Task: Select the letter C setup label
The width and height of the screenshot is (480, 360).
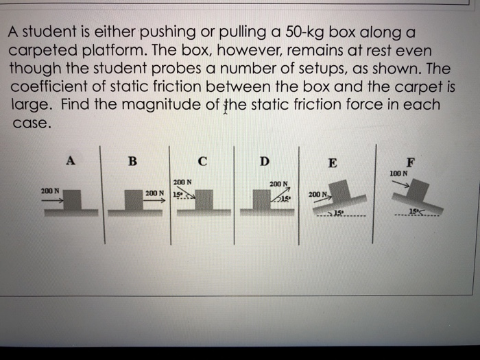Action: [202, 162]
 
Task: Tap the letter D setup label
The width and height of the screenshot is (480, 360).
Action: [264, 162]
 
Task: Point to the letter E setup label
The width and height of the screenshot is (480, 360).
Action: [333, 163]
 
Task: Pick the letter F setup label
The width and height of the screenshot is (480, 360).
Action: [410, 163]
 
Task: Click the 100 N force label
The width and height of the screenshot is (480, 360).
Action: [398, 173]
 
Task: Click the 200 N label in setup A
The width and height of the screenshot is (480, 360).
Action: [50, 190]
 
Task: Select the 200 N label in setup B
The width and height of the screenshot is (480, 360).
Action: [154, 193]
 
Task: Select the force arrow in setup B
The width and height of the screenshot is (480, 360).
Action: [156, 201]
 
